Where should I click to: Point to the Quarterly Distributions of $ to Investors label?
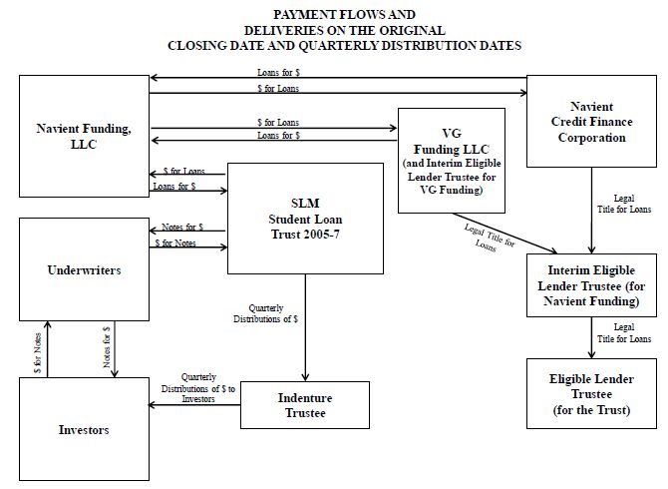coord(198,388)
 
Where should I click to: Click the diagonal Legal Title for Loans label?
coord(489,239)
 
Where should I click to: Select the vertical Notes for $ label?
coord(107,347)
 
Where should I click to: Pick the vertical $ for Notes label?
coord(38,353)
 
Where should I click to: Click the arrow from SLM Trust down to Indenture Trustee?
coord(305,327)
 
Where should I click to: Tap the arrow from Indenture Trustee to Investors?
coord(194,404)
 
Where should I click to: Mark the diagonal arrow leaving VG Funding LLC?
coord(504,234)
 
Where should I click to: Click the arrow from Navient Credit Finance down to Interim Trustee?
coord(592,211)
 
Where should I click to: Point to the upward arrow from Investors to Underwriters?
coord(48,349)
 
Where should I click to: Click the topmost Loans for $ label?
coord(278,73)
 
